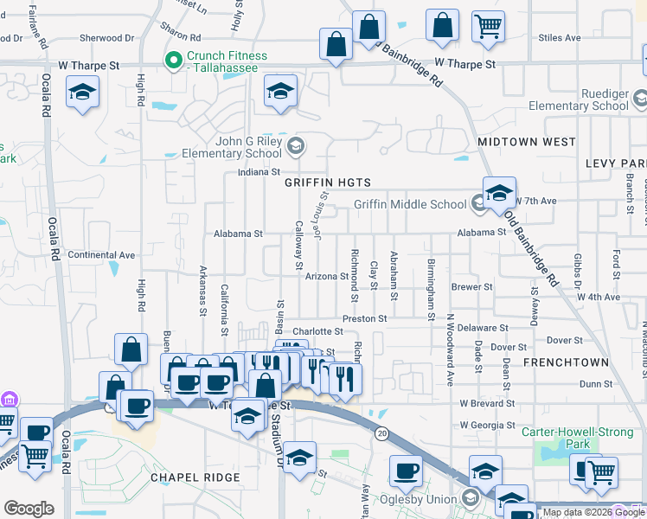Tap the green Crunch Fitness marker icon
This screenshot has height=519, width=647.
173,61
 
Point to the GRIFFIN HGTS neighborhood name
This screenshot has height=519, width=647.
328,183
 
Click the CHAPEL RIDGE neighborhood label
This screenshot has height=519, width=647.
193,477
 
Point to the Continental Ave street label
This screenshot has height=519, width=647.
101,255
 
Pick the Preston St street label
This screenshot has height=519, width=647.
364,318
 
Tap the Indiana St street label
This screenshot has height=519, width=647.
259,173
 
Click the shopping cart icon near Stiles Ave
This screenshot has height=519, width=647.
488,25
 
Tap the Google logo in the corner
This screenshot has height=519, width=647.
29,509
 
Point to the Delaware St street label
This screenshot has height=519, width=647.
483,328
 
